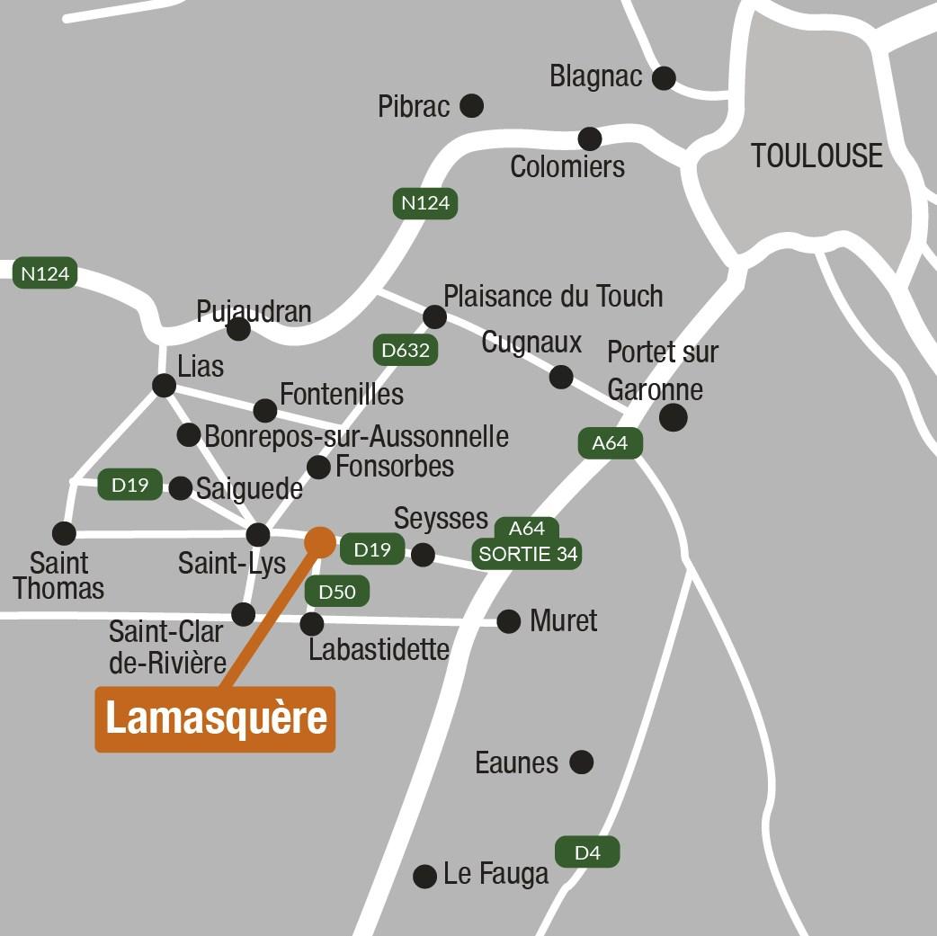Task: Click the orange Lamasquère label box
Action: coord(215,719)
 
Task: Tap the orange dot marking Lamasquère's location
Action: coord(320,541)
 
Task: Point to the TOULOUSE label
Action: coord(817,156)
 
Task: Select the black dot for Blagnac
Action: coord(664,78)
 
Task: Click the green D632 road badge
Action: coord(406,350)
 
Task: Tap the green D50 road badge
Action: coord(337,591)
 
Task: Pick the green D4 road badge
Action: coord(587,851)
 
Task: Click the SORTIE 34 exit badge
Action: coord(528,554)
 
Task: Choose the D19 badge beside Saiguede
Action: coord(129,485)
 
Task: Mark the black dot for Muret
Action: coord(509,620)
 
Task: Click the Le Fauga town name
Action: coord(495,874)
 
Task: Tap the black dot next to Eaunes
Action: coord(582,762)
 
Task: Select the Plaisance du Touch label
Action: coord(553,296)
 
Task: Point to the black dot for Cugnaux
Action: coord(561,377)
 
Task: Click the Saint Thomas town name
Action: coord(59,576)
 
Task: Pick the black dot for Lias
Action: coord(164,386)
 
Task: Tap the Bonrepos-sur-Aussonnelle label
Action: coord(356,436)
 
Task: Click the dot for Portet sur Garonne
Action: coord(673,417)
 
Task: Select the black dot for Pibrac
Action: coord(471,106)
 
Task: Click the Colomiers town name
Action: coord(567,166)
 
